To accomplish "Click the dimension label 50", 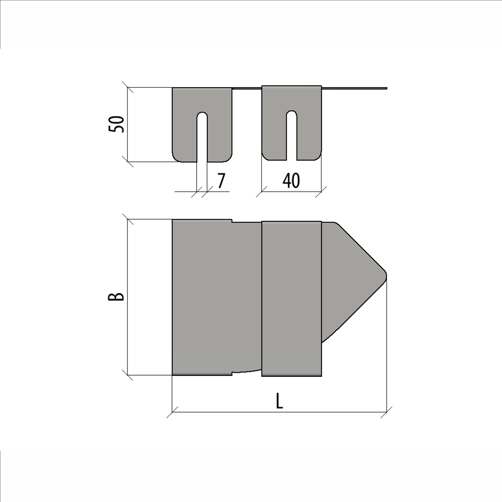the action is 116,125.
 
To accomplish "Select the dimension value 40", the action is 291,181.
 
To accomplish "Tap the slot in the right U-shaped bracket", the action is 292,135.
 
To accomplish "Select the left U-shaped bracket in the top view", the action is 202,125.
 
